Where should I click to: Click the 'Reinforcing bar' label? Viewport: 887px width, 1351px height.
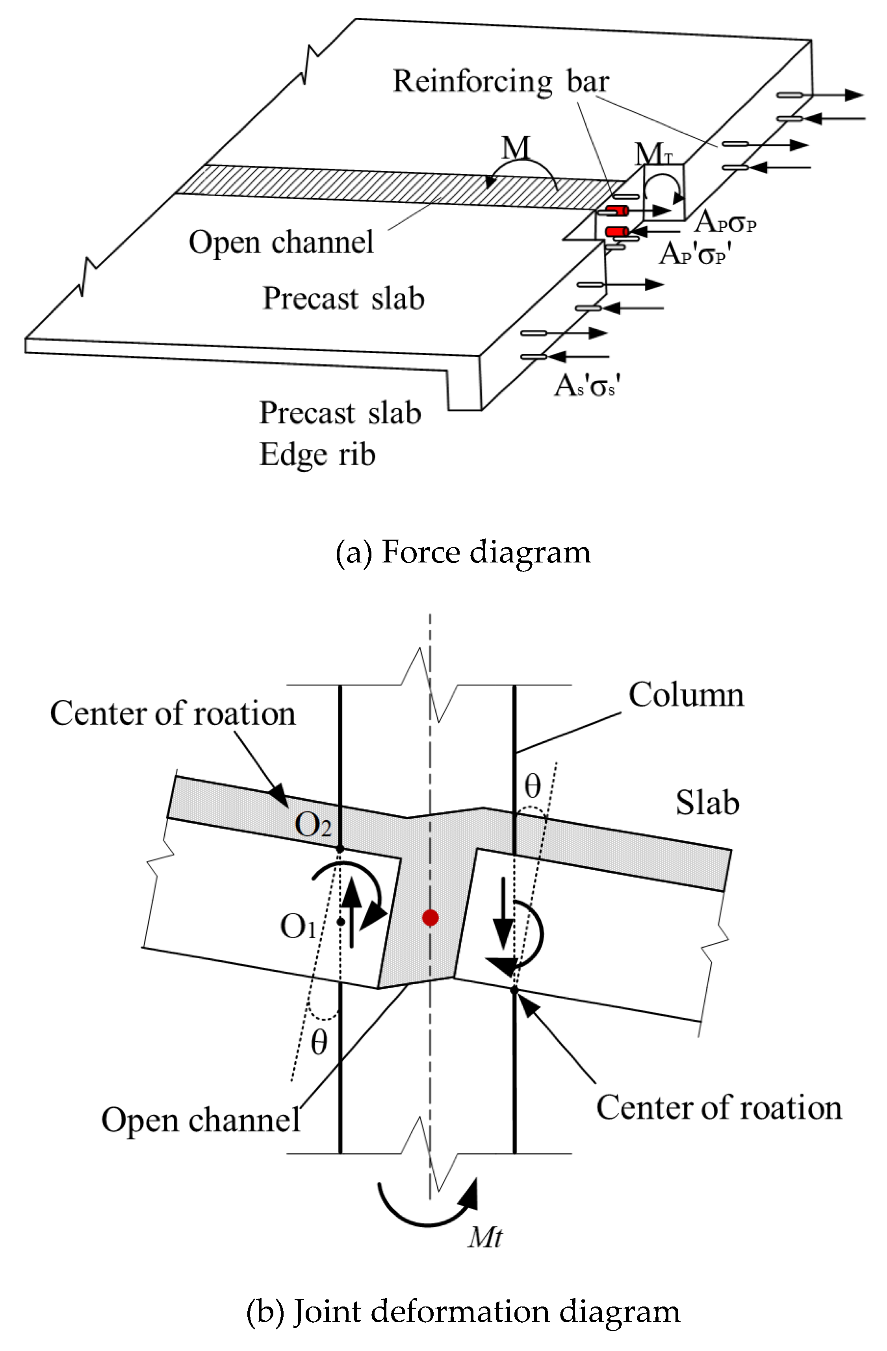click(501, 81)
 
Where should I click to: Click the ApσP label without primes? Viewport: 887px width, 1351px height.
click(725, 222)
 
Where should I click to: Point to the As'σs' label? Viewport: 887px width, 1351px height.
click(587, 386)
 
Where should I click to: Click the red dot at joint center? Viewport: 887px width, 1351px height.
click(430, 917)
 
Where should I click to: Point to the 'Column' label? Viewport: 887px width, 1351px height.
click(686, 694)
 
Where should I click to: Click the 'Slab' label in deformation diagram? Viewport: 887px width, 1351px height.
click(707, 803)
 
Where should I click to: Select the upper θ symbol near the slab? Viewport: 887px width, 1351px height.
click(532, 786)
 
